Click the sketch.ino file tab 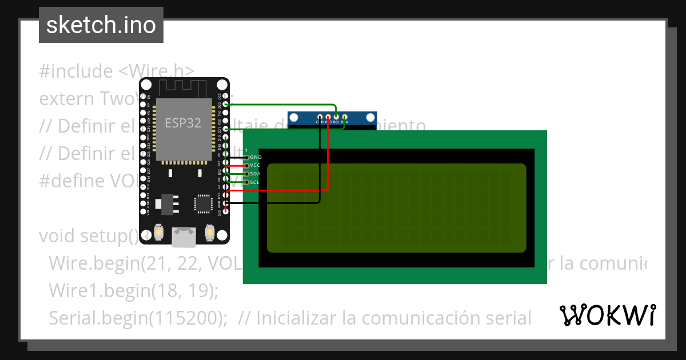pos(101,25)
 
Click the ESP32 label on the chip pos(183,123)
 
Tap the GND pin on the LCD pos(247,157)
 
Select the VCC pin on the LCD pos(247,165)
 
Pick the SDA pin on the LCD pos(247,174)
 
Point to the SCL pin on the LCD pos(247,182)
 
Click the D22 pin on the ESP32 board pos(226,105)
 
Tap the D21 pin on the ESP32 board pos(226,129)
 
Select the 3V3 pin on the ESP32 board pos(226,211)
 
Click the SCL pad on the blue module pos(336,117)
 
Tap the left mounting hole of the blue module pos(296,118)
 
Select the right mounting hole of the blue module pos(369,118)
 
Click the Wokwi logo pos(607,315)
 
